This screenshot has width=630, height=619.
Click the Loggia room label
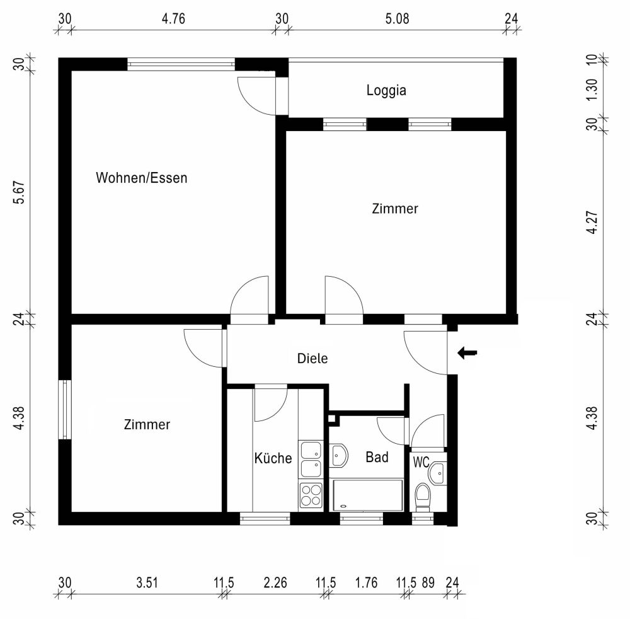click(x=386, y=90)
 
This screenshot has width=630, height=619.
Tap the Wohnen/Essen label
click(x=141, y=178)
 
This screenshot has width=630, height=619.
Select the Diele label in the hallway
click(x=312, y=359)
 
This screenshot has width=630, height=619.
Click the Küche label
click(x=273, y=458)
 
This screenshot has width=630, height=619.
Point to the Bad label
click(x=377, y=457)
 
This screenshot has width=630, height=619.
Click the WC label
click(x=421, y=462)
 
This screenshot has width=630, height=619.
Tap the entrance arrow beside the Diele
click(x=467, y=353)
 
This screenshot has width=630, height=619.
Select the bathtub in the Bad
click(x=367, y=495)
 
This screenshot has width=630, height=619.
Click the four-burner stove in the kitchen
click(x=310, y=494)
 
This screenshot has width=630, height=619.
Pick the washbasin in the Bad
click(x=339, y=455)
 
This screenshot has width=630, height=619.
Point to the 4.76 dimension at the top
click(x=173, y=18)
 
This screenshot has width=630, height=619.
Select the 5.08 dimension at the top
click(x=397, y=18)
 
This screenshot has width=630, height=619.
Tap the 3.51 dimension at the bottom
click(x=147, y=583)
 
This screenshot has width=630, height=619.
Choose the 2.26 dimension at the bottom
click(x=275, y=583)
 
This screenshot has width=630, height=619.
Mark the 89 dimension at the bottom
click(x=428, y=583)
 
